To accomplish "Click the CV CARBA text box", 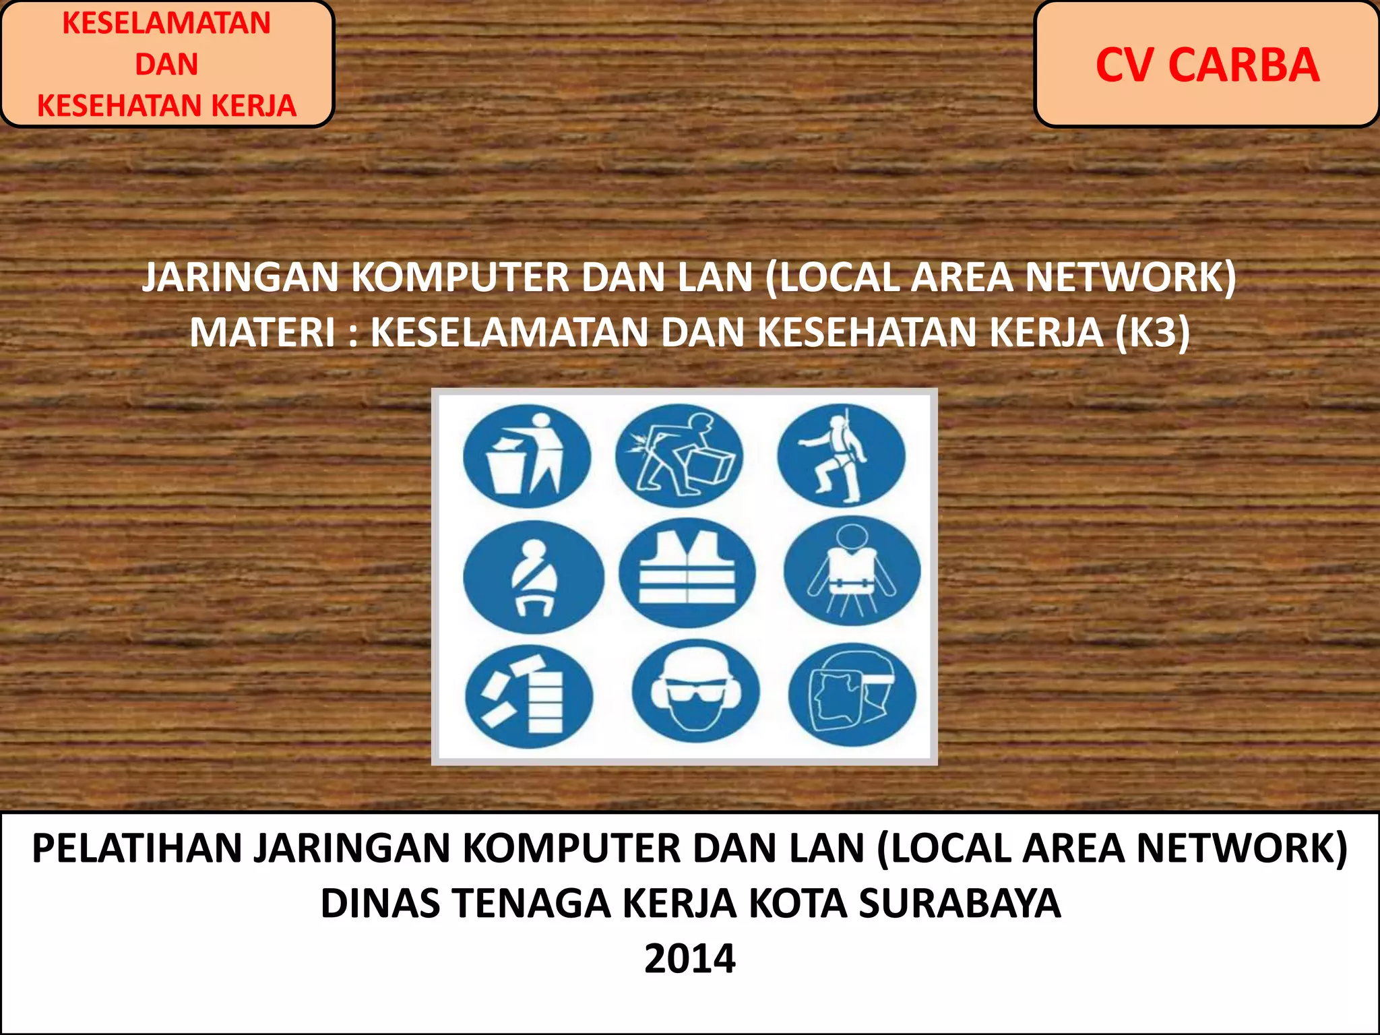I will tap(1206, 65).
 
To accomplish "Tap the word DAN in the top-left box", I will tap(166, 65).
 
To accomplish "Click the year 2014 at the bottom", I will tap(689, 958).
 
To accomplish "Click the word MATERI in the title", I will tap(262, 333).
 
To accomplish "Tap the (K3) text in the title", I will tap(1152, 333).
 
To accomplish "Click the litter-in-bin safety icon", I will tap(527, 456).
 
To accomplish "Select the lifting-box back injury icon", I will tap(679, 456).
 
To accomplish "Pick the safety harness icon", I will tap(841, 456).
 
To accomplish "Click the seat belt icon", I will tap(534, 577).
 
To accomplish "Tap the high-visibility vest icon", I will tap(687, 573).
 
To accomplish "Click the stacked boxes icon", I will tap(529, 695).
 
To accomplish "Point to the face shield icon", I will tap(852, 694).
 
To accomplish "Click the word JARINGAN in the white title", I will tap(240, 278).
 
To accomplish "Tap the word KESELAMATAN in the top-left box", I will tap(166, 23).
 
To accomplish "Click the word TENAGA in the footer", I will tap(532, 904).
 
